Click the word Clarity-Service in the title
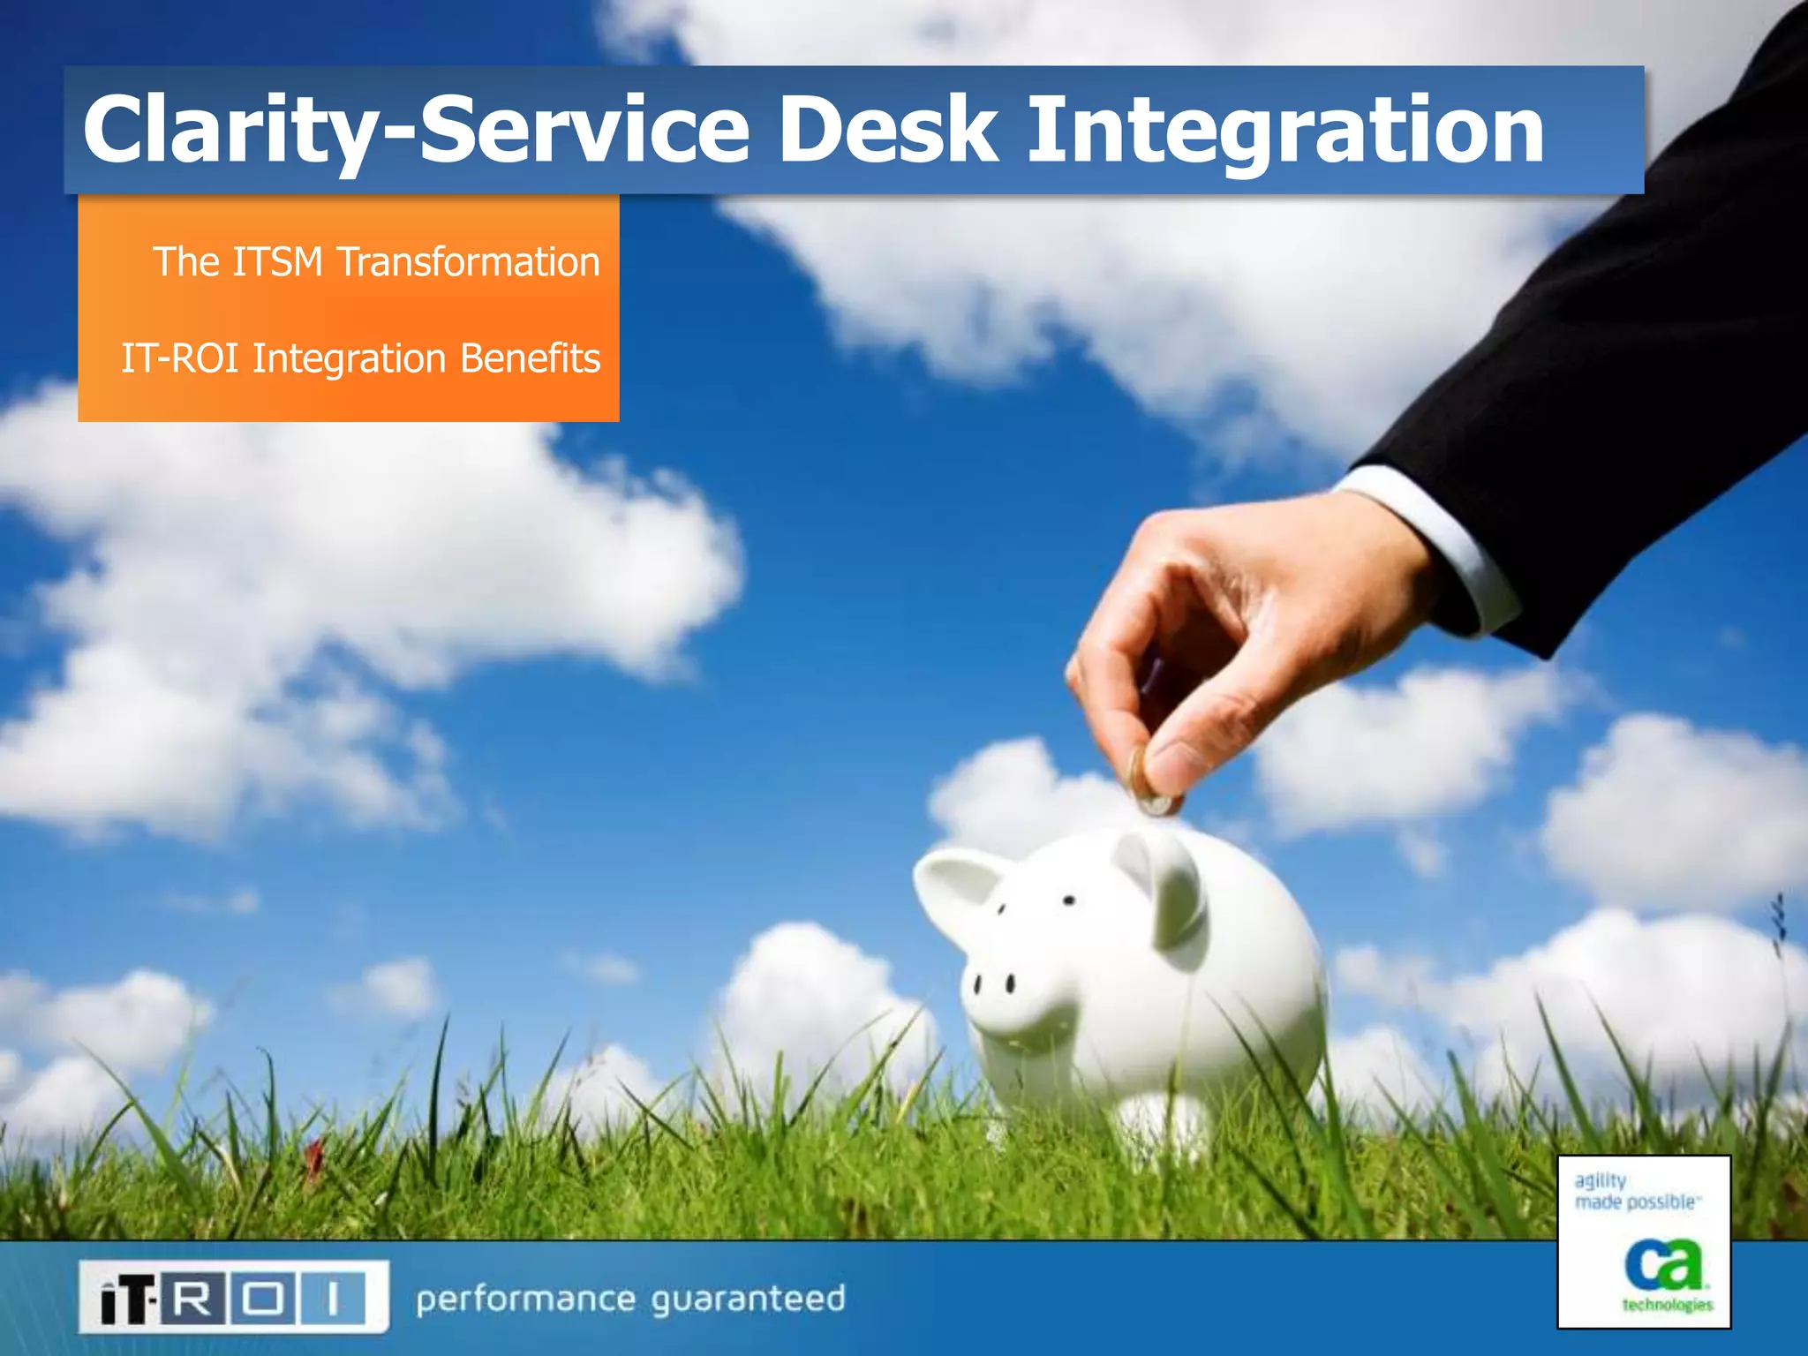click(415, 131)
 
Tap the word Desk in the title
click(887, 131)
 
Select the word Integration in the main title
click(1284, 131)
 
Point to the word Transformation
click(468, 262)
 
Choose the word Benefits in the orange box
click(530, 358)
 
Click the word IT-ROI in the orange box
click(180, 358)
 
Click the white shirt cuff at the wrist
click(1448, 547)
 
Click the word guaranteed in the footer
click(748, 1299)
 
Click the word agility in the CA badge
click(1600, 1181)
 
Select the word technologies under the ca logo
click(1667, 1305)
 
